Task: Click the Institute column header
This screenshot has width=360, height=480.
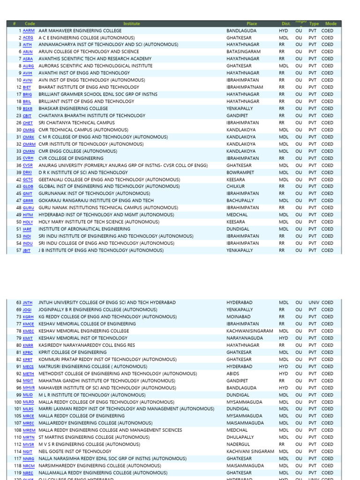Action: click(132, 23)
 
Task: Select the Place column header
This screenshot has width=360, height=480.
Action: click(252, 23)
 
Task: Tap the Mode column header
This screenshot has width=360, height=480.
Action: click(331, 23)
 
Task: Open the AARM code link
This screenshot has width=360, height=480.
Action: click(29, 30)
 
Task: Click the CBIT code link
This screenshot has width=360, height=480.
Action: click(28, 116)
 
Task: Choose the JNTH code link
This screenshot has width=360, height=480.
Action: click(28, 303)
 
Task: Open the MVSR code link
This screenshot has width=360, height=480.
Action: click(29, 445)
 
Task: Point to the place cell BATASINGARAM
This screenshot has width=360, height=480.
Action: click(243, 52)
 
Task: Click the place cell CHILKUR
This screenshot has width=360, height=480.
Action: click(236, 187)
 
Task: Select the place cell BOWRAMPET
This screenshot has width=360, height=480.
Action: click(240, 172)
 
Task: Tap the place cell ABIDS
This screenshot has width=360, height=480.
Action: click(232, 374)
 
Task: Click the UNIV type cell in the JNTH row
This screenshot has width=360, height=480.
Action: click(314, 303)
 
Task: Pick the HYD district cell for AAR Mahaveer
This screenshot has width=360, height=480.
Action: click(284, 30)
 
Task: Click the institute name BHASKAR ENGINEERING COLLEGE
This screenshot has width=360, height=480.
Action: click(73, 108)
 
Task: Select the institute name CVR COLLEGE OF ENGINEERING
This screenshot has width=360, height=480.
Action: click(71, 158)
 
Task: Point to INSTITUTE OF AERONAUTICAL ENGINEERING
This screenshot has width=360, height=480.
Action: click(80, 229)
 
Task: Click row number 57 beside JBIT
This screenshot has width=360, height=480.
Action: click(19, 250)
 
